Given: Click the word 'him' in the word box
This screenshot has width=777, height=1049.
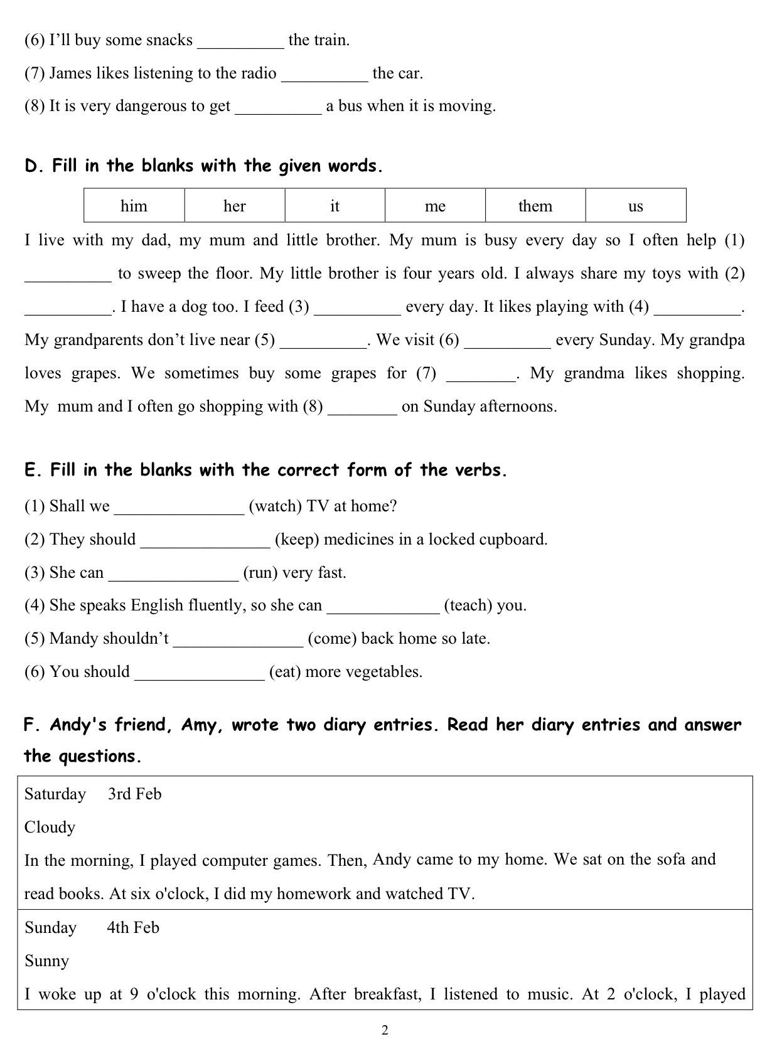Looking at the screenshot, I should [x=134, y=206].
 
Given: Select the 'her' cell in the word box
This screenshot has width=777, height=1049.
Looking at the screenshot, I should [x=234, y=206].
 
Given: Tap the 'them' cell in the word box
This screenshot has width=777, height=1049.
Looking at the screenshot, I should [x=535, y=206].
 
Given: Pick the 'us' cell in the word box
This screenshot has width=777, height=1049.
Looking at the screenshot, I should [x=635, y=206].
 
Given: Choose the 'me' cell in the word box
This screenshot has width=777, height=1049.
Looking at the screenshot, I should [x=435, y=206].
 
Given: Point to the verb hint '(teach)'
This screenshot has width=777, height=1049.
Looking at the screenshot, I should [x=468, y=605].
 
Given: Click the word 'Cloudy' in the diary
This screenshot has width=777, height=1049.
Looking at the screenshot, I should [x=50, y=828].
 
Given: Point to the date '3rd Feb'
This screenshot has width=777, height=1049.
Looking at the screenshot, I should [x=134, y=794].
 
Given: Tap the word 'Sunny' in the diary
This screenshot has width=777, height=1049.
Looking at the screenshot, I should [x=46, y=961].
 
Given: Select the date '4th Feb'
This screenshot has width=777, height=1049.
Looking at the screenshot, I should [x=133, y=928].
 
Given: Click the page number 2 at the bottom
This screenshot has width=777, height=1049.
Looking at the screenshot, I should [x=385, y=1030].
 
